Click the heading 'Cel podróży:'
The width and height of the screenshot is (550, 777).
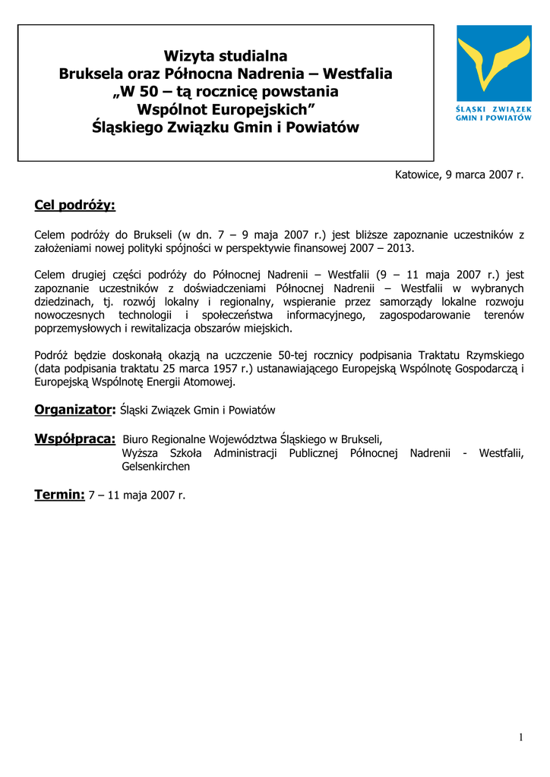coord(74,206)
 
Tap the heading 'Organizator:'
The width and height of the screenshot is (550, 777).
coord(74,410)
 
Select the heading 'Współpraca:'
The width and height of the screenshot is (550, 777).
coord(75,439)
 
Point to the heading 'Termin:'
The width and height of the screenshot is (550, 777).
coord(59,495)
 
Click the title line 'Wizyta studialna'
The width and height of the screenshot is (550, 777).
coord(226,55)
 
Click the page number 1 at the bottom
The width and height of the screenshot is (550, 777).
coord(521,737)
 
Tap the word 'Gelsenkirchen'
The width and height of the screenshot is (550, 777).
coord(156,467)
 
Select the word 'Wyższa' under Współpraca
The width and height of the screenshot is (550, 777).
coord(139,453)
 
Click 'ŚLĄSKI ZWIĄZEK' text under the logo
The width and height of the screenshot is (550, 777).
coord(494,109)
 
